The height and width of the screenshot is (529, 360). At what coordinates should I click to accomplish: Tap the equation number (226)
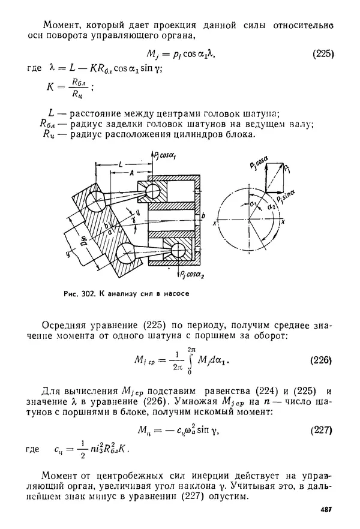coord(322,360)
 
